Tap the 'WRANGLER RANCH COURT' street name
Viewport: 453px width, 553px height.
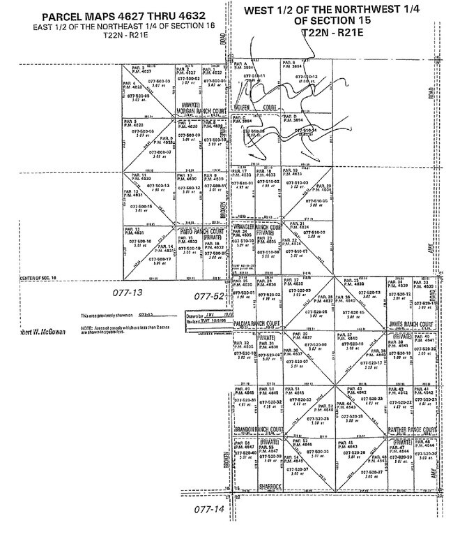[x=259, y=227]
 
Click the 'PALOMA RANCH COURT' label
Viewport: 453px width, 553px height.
[x=261, y=323]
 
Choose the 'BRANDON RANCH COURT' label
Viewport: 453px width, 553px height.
[x=259, y=429]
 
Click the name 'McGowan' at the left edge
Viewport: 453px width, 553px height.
[x=35, y=332]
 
